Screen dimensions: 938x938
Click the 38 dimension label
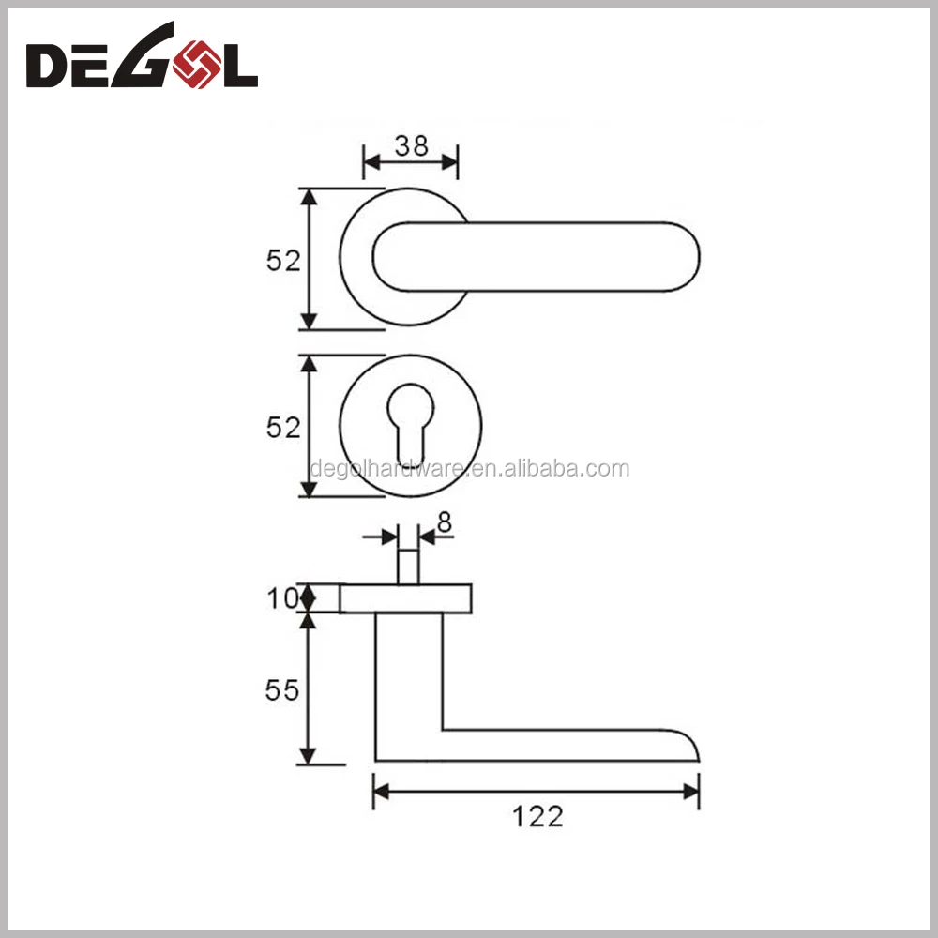412,146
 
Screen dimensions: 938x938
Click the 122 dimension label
537,817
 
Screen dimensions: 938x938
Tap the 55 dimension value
281,690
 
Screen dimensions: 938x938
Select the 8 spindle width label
445,522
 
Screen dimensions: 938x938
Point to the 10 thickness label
282,598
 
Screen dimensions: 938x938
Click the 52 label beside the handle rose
283,261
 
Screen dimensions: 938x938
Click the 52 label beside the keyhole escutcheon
283,428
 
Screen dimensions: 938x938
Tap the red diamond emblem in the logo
197,64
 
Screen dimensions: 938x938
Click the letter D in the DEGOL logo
45,66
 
